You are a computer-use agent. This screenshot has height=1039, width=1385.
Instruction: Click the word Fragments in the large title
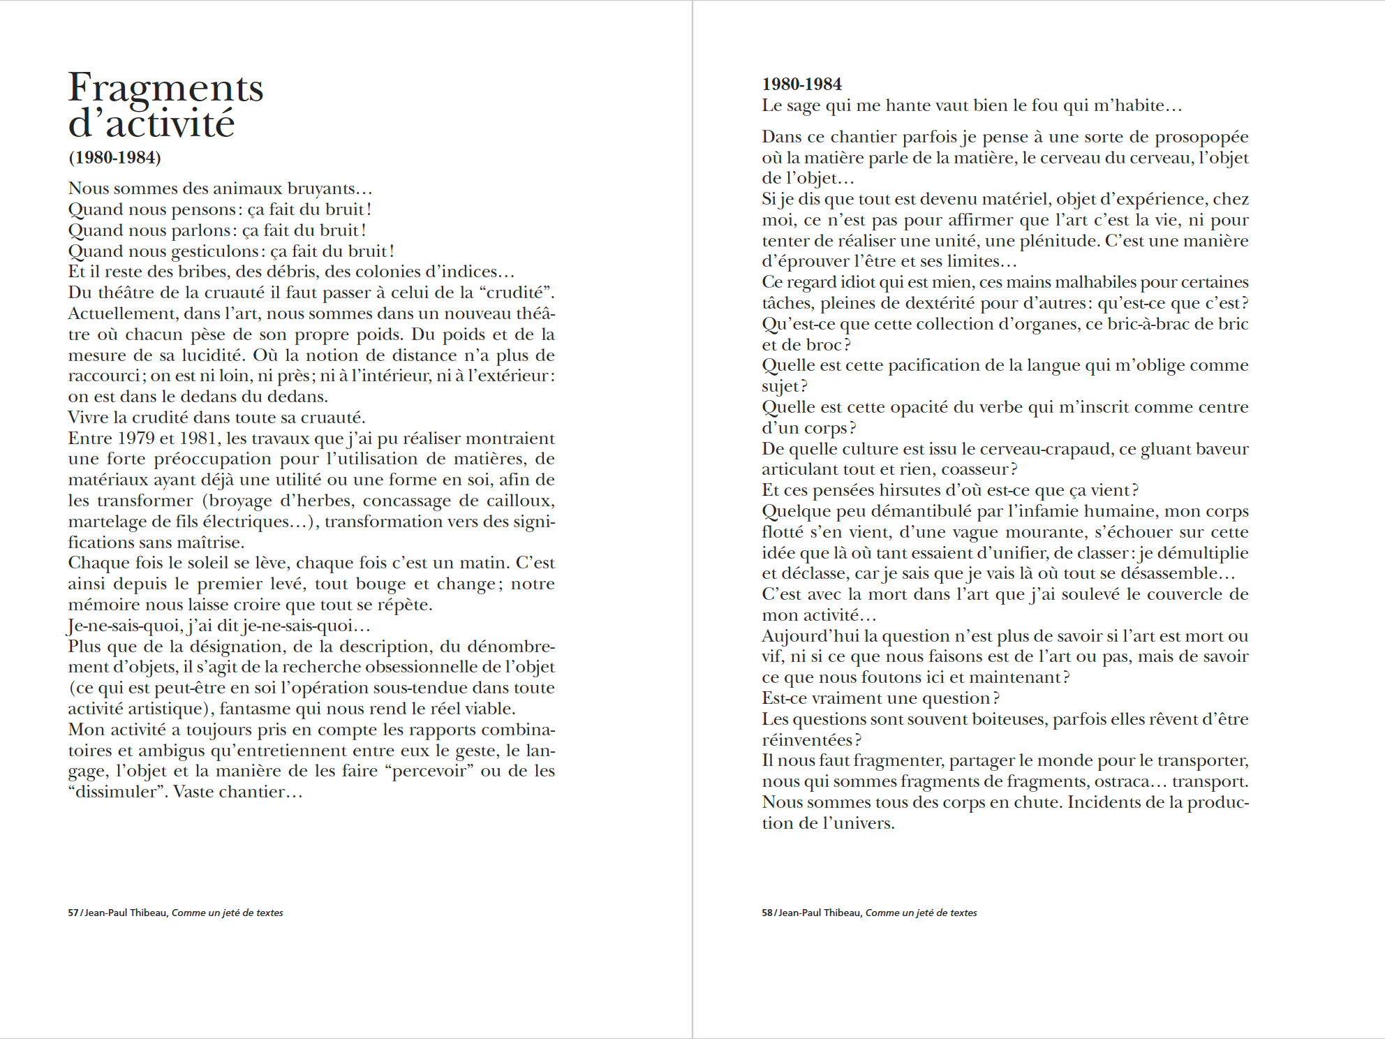click(x=165, y=89)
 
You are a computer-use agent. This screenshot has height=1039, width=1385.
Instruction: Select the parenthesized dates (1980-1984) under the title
click(x=114, y=157)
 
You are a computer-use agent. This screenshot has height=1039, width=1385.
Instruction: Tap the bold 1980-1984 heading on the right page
click(x=801, y=84)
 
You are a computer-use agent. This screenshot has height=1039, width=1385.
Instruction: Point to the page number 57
click(x=73, y=913)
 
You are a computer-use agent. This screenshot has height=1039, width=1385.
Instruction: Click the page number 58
click(x=766, y=913)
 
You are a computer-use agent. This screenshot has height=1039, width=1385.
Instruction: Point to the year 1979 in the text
click(x=136, y=439)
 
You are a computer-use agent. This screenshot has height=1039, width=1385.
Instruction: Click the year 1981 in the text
click(x=199, y=439)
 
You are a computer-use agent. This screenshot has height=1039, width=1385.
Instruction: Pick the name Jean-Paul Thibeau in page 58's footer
click(x=819, y=913)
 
